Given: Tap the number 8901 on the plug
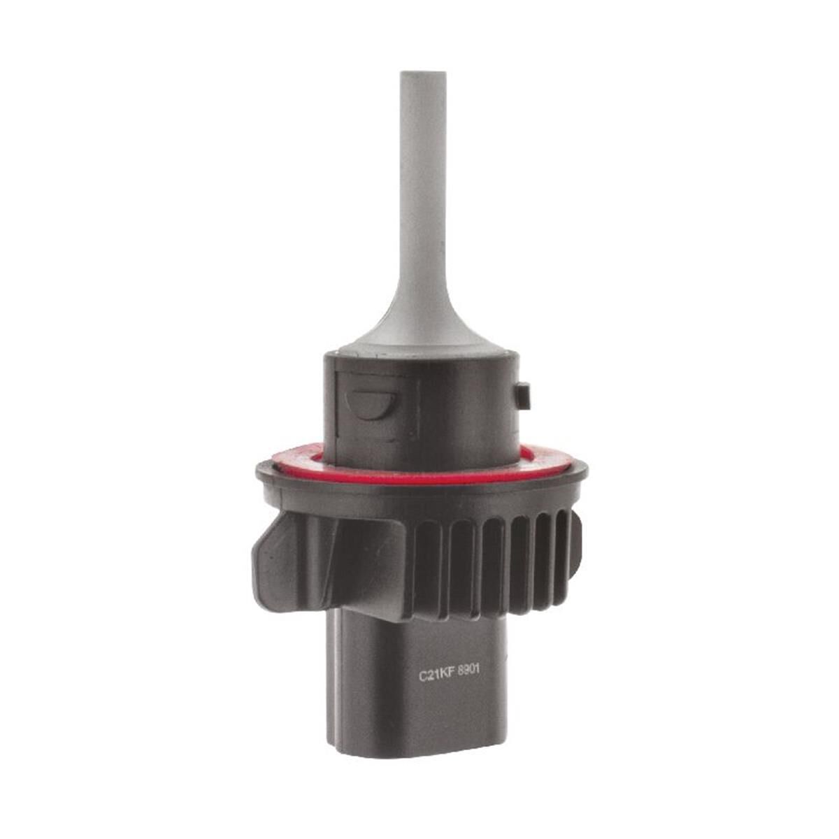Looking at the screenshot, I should coord(473,675).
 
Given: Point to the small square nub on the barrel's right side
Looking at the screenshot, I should coord(522,396).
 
